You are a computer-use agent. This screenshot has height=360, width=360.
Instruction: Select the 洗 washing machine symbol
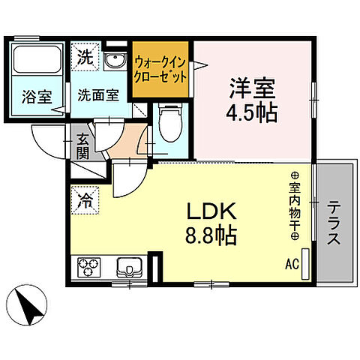pyautogui.click(x=86, y=55)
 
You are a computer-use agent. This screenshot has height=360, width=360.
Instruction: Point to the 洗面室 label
pyautogui.click(x=99, y=96)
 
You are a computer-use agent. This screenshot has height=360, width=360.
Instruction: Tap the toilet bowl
pyautogui.click(x=169, y=120)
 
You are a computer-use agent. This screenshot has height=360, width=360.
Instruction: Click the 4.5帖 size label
pyautogui.click(x=253, y=114)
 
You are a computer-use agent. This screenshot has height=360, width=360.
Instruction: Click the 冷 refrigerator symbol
pyautogui.click(x=86, y=201)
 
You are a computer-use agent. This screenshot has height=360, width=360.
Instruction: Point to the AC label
pyautogui.click(x=291, y=264)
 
